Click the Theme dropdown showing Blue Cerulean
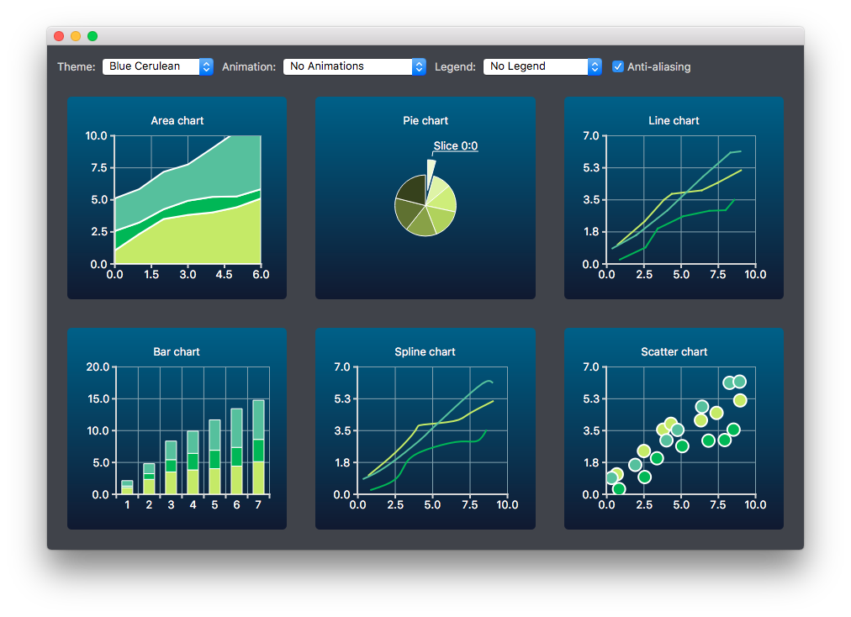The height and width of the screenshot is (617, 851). click(x=157, y=66)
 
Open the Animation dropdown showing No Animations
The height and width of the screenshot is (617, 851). click(x=354, y=66)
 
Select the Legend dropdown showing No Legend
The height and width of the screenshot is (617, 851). click(x=542, y=66)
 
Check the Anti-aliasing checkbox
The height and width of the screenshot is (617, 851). click(x=618, y=66)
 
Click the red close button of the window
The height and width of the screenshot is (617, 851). click(x=59, y=36)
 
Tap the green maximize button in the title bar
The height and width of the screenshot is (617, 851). click(x=92, y=36)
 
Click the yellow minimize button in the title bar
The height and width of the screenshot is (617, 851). click(x=76, y=36)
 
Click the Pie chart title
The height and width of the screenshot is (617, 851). click(x=425, y=121)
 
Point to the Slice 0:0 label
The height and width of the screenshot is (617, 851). click(x=456, y=146)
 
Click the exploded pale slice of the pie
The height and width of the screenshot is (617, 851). click(x=431, y=171)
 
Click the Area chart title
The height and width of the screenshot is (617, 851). click(x=177, y=121)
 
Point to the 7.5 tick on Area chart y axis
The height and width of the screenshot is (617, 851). click(x=98, y=167)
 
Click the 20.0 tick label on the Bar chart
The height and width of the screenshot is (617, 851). click(x=98, y=367)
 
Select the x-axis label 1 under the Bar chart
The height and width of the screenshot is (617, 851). click(x=127, y=505)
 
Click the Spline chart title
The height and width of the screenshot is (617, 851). click(x=425, y=352)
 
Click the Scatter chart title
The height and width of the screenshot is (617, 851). click(x=674, y=352)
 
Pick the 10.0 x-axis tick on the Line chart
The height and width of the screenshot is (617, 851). click(x=754, y=274)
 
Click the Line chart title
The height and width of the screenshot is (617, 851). click(x=674, y=121)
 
